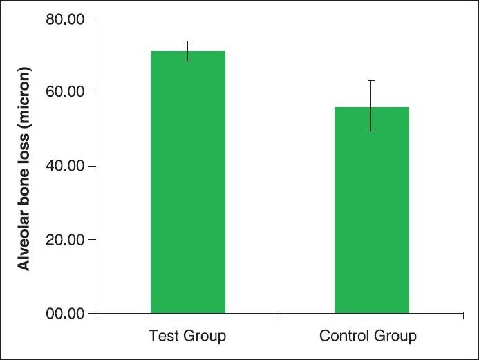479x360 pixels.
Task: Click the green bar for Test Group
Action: (187, 187)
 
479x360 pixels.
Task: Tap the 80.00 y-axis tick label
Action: (65, 20)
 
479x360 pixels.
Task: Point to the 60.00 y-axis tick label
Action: (65, 93)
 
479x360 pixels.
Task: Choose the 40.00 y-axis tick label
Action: (65, 167)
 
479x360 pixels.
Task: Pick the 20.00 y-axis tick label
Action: (65, 240)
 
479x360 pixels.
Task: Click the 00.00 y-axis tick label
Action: (65, 314)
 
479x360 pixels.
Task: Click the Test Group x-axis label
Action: (187, 337)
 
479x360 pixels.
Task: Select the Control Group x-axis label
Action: (368, 337)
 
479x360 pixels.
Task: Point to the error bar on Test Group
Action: (187, 51)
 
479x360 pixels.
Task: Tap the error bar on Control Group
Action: (372, 105)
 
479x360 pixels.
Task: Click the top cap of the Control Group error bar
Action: (372, 81)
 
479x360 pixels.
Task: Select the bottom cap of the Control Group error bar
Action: (372, 131)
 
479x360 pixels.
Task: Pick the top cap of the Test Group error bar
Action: (187, 41)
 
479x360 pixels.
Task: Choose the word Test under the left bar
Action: (162, 337)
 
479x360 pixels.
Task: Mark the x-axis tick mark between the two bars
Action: (279, 316)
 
